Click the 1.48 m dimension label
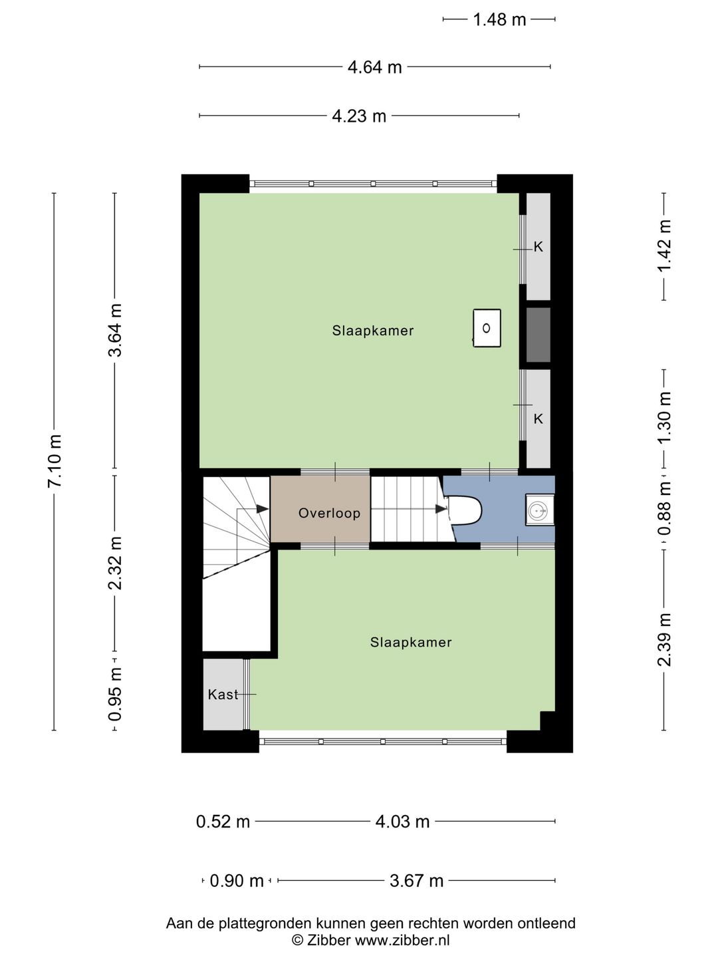[x=499, y=20]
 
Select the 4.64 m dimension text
[x=374, y=68]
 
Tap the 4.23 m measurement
[x=359, y=116]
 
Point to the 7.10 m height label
[x=55, y=460]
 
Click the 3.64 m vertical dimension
[x=116, y=330]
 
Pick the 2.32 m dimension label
[x=116, y=563]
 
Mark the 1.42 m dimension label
[x=664, y=245]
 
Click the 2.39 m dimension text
[x=664, y=640]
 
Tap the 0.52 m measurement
[x=223, y=822]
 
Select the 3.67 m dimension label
[x=416, y=881]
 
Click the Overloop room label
[x=329, y=513]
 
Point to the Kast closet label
[x=223, y=695]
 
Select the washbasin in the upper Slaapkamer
[x=487, y=328]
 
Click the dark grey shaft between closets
[x=538, y=335]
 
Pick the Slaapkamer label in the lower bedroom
[x=411, y=642]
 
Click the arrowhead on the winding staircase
[x=263, y=508]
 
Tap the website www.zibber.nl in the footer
[x=402, y=939]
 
